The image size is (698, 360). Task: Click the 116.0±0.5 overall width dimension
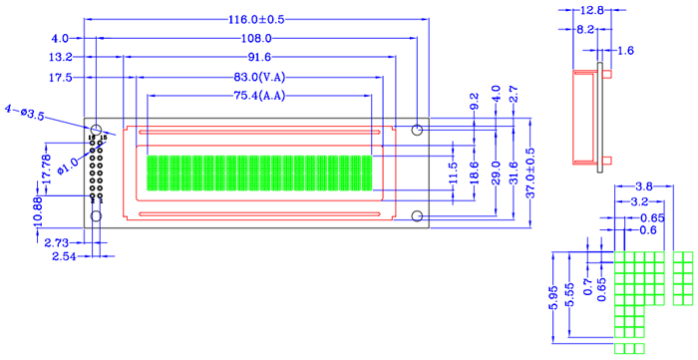pos(256,19)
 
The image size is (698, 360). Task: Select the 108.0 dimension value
pos(256,38)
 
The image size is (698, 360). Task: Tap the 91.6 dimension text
pos(256,57)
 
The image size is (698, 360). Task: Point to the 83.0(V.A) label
pos(259,78)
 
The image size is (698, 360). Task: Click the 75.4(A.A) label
pos(259,95)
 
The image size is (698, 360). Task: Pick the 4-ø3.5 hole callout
pos(25,113)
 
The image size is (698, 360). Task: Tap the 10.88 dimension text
pos(39,211)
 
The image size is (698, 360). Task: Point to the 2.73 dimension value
pos(57,243)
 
